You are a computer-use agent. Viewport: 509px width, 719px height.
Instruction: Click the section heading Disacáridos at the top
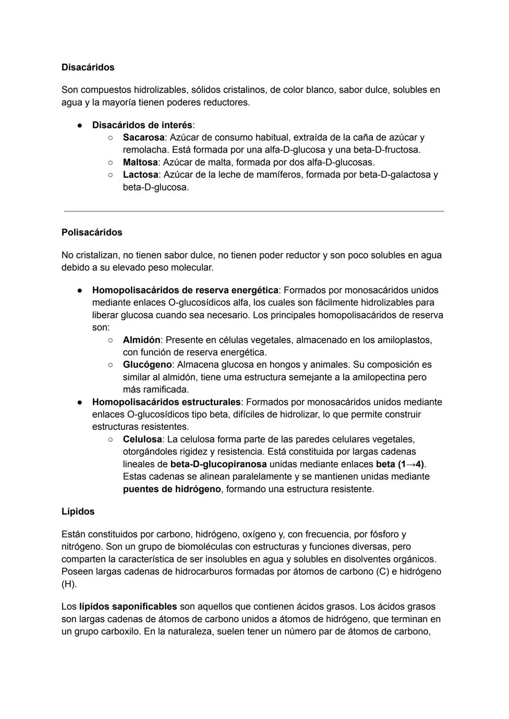tap(88, 67)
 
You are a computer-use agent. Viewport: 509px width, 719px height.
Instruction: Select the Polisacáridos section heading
tap(91, 232)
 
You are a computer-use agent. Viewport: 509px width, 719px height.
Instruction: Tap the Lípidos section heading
tap(78, 512)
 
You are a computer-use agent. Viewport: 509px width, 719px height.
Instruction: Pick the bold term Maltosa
tap(140, 162)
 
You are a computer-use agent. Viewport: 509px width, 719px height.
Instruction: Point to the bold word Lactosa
tap(140, 174)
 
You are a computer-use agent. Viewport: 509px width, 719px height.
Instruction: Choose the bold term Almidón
tap(141, 340)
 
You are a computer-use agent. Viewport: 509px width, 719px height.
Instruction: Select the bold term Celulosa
tap(142, 439)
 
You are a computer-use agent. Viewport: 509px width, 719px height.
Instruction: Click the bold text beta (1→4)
tap(400, 464)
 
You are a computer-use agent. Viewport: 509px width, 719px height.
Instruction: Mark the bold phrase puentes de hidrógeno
tap(172, 489)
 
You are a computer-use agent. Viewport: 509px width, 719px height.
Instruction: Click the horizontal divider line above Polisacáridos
tap(254, 211)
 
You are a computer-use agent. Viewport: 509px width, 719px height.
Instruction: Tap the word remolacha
tap(145, 150)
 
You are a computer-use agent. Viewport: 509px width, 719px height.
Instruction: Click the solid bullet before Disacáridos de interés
tap(81, 125)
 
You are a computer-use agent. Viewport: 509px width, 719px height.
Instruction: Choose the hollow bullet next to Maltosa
tap(110, 162)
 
